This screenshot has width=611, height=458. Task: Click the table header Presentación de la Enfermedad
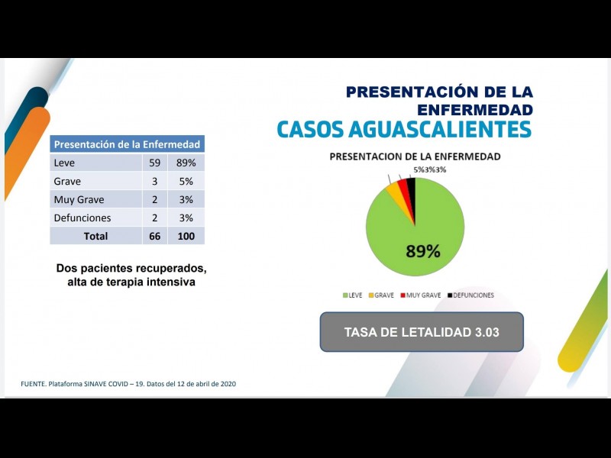127,144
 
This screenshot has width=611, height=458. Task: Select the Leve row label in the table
64,163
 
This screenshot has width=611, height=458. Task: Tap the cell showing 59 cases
154,163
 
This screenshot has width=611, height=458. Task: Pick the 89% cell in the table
186,163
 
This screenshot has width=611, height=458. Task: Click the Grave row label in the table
67,182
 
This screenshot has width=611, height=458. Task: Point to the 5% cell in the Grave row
186,182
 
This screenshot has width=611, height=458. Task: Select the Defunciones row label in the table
82,218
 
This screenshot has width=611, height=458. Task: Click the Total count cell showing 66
154,236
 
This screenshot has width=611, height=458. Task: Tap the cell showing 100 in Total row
186,236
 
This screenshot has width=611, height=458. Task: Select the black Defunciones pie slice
412,191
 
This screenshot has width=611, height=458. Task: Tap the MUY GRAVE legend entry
423,295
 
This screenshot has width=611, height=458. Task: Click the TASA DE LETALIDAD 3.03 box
422,332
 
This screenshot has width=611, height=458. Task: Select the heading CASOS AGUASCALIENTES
403,129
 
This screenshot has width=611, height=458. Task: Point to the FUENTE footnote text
128,384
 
